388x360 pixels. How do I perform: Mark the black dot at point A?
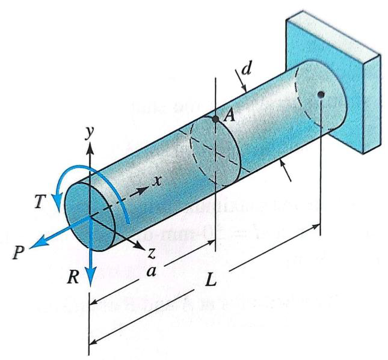[x=215, y=119]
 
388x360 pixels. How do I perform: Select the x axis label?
[x=157, y=181]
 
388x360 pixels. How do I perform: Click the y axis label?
[x=90, y=133]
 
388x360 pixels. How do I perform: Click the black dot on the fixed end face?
[x=322, y=94]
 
